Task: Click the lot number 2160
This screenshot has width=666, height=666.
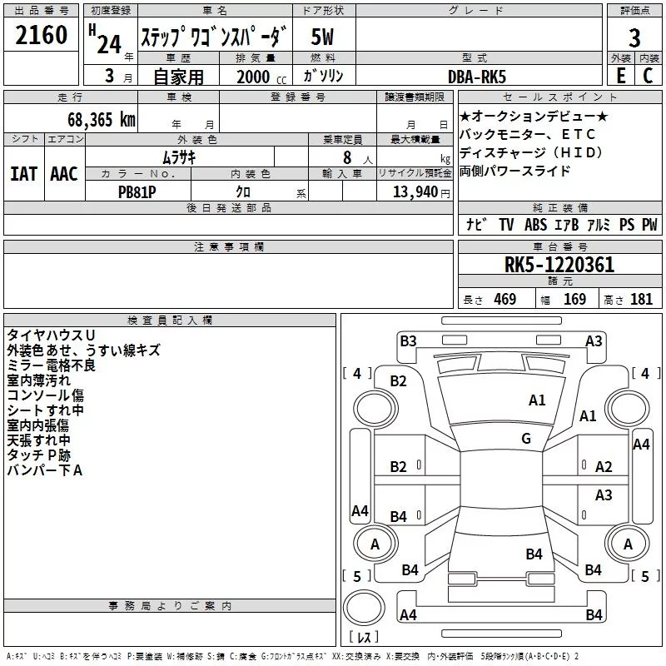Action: (41, 35)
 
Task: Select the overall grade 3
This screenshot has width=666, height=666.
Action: (634, 38)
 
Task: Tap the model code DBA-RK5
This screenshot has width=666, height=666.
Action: (477, 77)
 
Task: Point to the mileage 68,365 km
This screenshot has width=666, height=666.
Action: (102, 120)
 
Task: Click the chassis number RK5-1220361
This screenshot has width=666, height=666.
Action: (559, 265)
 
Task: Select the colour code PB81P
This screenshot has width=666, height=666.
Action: (137, 192)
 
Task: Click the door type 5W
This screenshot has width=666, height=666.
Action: (322, 37)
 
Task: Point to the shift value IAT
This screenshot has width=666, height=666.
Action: (24, 174)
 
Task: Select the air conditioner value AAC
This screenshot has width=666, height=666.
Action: (64, 174)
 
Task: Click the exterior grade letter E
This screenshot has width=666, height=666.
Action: (621, 76)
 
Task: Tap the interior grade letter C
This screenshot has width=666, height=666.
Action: (648, 76)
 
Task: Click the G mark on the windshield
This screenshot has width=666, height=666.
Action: (526, 438)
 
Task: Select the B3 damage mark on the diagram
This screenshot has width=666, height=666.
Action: (408, 341)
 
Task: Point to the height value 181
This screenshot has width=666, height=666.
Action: (641, 299)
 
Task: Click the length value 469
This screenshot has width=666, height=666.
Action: (505, 299)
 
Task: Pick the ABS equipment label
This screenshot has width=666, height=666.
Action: (535, 225)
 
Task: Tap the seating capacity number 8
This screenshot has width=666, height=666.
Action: (347, 157)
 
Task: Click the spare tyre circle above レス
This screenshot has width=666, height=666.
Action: (364, 608)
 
